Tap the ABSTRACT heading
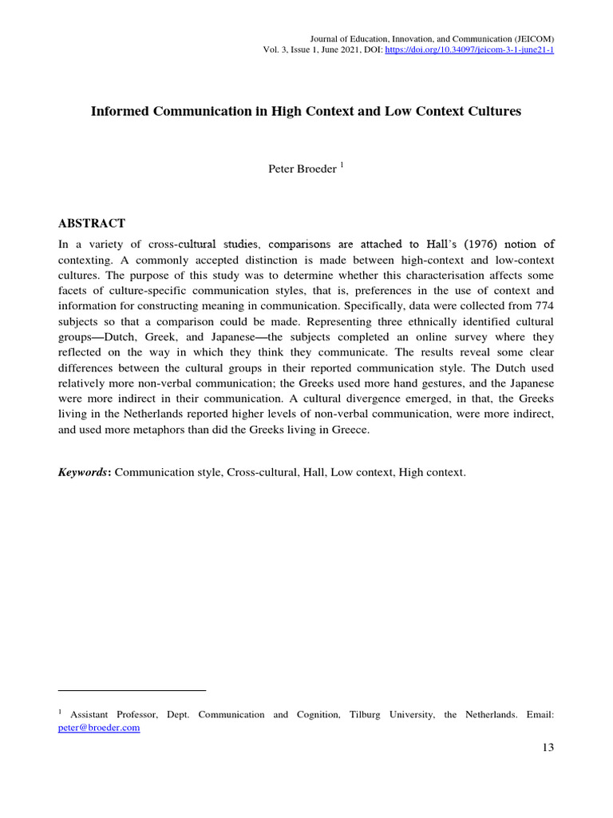[92, 223]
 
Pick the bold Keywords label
[85, 473]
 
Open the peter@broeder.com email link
[99, 728]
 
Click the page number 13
[547, 748]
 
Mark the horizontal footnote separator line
[132, 690]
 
